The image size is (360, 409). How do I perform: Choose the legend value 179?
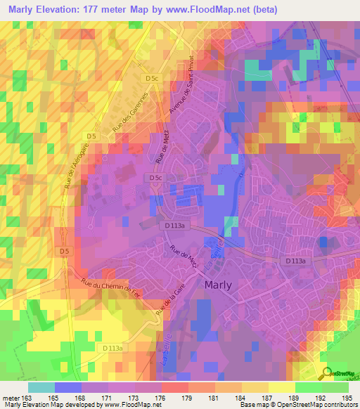point(188,397)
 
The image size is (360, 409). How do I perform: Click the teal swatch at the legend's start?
point(41,387)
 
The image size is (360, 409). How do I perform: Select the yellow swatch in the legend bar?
point(281,387)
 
